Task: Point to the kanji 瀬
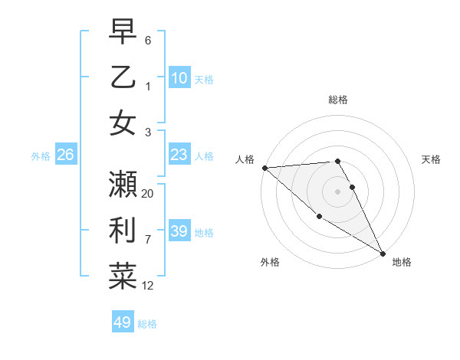[123, 185]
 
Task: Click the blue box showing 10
[179, 77]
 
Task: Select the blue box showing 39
[179, 231]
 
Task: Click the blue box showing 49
[122, 322]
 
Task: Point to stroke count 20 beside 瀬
[148, 194]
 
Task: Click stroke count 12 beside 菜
[148, 286]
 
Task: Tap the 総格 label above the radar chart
[338, 100]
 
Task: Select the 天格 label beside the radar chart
[431, 159]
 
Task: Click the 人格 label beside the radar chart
[245, 159]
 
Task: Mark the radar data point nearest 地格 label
[383, 254]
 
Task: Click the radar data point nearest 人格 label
[264, 167]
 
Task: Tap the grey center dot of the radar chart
[338, 191]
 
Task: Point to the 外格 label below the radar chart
[270, 263]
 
